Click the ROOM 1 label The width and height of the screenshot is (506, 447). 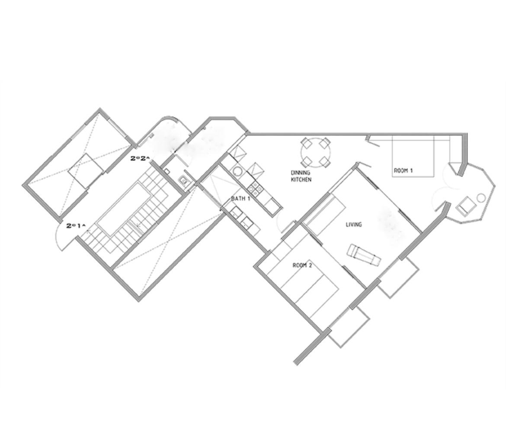[403, 170]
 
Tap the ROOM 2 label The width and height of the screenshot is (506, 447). [302, 265]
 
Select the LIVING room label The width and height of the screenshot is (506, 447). [354, 224]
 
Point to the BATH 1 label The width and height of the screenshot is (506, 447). [241, 198]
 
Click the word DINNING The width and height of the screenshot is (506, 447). [301, 173]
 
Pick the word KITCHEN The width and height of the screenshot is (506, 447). [301, 180]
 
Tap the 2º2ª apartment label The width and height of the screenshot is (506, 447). [140, 158]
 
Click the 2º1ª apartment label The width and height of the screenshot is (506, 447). [76, 226]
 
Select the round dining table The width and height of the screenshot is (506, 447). [316, 152]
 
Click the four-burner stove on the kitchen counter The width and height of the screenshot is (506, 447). [256, 189]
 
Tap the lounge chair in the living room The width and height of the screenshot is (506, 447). [364, 254]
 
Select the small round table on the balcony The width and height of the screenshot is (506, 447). [482, 198]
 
